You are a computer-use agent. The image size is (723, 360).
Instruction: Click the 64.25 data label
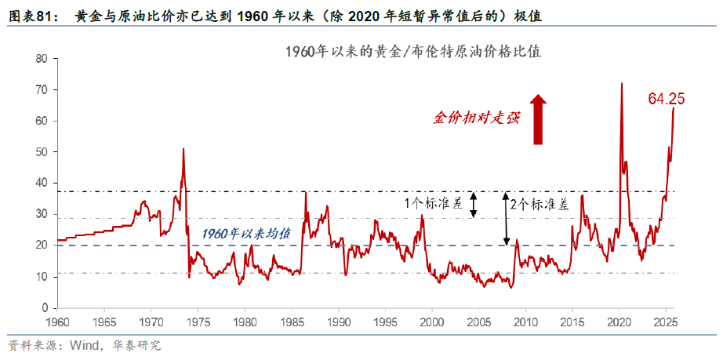click(667, 99)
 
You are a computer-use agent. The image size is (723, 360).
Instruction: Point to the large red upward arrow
click(538, 119)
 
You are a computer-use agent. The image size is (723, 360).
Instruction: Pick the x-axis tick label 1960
click(58, 322)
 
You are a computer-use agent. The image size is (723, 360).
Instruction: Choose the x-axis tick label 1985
click(292, 322)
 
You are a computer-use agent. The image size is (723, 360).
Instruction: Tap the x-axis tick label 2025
click(666, 322)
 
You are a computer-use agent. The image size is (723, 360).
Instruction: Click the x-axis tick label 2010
click(525, 322)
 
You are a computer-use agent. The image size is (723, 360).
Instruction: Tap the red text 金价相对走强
click(476, 118)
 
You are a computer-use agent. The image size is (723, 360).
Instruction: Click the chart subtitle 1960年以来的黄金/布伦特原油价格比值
click(413, 53)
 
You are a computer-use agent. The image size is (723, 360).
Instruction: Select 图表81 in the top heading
click(33, 16)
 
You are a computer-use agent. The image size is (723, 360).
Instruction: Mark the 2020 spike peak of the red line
click(621, 83)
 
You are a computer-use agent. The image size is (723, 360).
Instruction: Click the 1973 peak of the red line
click(183, 148)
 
